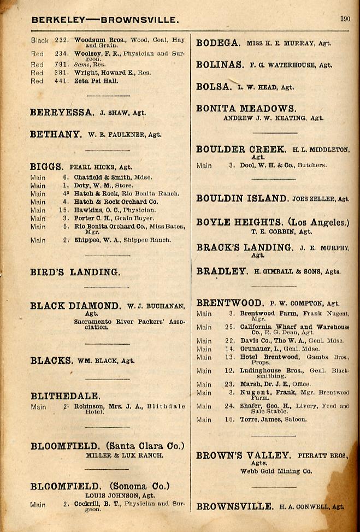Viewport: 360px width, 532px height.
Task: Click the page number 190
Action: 345,19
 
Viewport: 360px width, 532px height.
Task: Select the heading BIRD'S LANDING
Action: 75,272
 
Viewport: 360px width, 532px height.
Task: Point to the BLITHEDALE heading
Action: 65,396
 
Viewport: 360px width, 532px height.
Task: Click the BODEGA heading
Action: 217,43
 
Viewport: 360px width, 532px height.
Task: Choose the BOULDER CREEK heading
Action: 241,149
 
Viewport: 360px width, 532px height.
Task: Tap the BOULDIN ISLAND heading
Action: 242,198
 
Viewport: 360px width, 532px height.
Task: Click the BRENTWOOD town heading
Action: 229,303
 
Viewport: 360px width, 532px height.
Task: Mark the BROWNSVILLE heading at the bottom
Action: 235,506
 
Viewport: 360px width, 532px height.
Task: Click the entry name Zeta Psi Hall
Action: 96,81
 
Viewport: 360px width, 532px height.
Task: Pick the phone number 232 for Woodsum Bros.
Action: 61,40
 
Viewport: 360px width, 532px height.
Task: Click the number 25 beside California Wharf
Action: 229,327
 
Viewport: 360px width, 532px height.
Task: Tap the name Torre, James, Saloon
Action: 273,419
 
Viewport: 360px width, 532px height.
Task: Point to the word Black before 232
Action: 40,40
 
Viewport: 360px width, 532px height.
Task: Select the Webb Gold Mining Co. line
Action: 276,471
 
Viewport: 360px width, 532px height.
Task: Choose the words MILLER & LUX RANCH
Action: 124,455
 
